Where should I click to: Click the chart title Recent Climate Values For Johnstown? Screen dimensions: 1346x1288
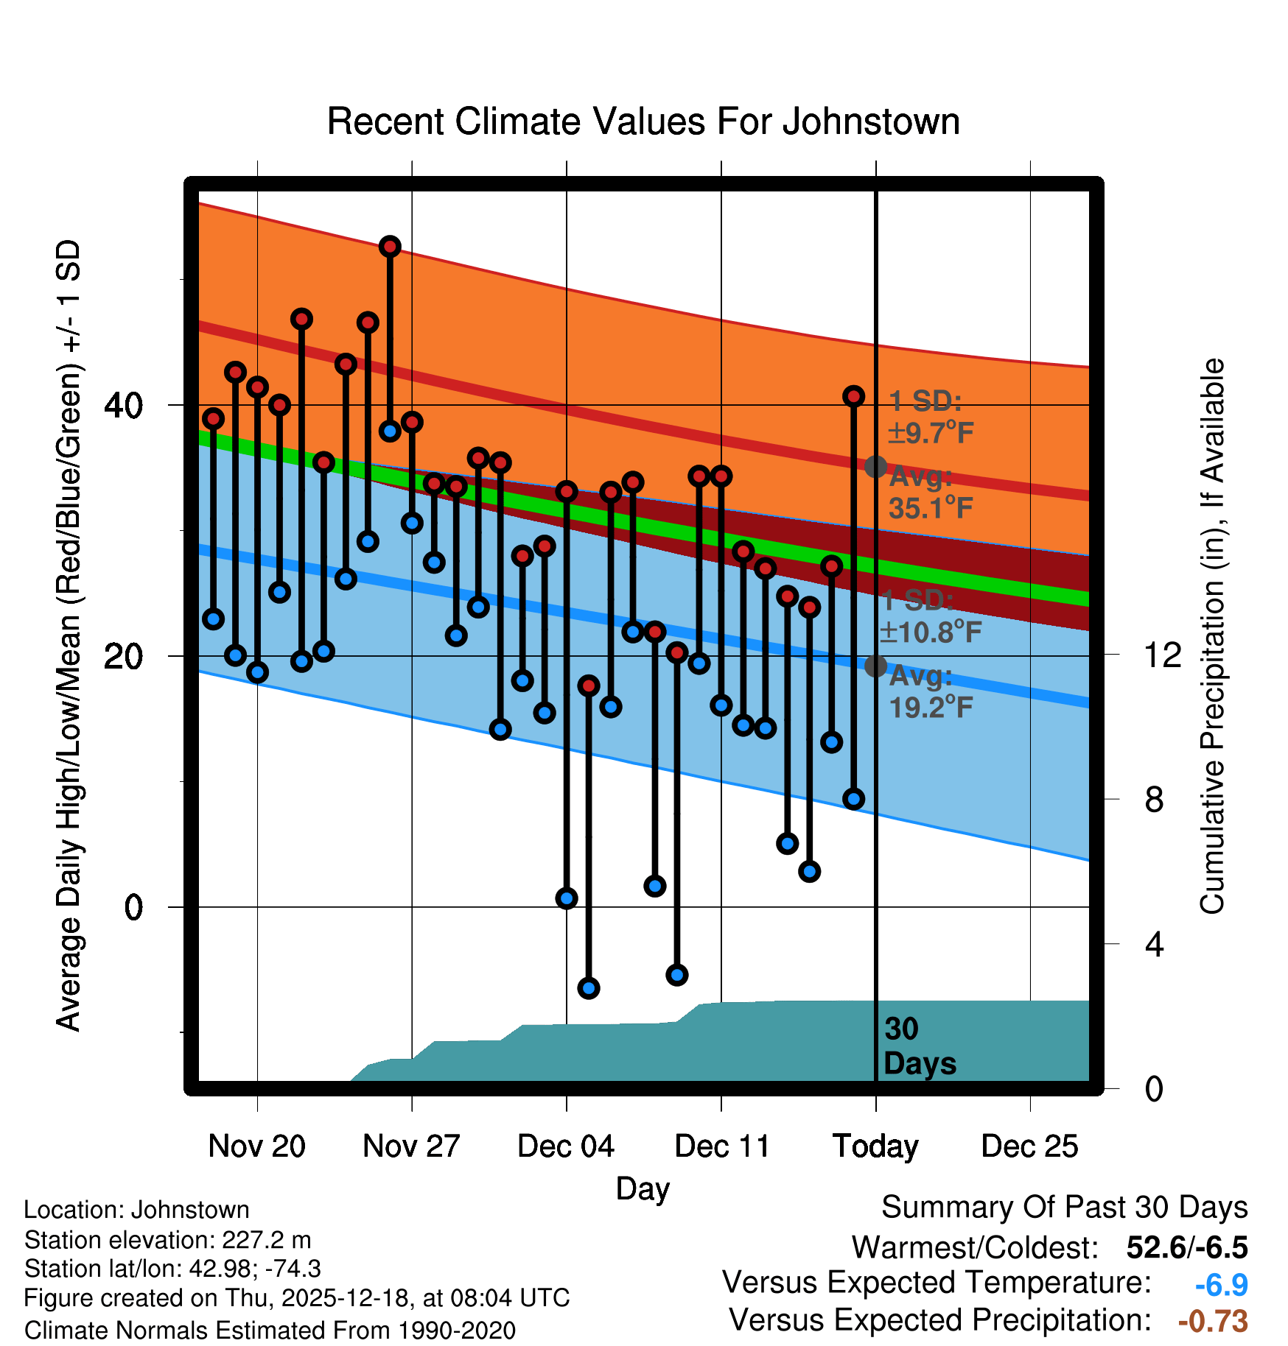click(643, 121)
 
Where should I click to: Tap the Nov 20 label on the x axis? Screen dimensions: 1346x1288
click(256, 1146)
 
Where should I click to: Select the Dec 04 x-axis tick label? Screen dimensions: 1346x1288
click(566, 1146)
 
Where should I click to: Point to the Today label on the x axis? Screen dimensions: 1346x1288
click(875, 1146)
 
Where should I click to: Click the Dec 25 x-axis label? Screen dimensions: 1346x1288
click(1029, 1146)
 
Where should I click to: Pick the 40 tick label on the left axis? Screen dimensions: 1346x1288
click(123, 405)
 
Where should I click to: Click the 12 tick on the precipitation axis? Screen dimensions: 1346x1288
click(1162, 655)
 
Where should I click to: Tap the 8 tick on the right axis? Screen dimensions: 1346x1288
click(1154, 799)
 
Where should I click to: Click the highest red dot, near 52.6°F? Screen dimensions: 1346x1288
click(390, 247)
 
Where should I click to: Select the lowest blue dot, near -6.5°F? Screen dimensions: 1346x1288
click(588, 988)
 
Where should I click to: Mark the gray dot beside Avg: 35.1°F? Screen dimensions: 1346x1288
click(875, 466)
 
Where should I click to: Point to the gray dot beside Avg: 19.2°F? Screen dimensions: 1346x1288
click(875, 666)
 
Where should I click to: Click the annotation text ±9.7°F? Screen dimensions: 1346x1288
click(931, 433)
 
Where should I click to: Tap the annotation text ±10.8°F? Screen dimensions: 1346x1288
click(931, 632)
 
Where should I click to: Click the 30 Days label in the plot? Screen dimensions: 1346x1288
click(919, 1046)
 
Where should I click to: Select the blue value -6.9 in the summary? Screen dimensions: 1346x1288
click(1221, 1285)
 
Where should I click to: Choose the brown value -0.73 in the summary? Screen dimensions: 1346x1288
click(1213, 1321)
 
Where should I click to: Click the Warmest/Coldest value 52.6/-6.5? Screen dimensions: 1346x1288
click(1186, 1247)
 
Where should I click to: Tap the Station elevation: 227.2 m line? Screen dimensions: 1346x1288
click(168, 1240)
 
